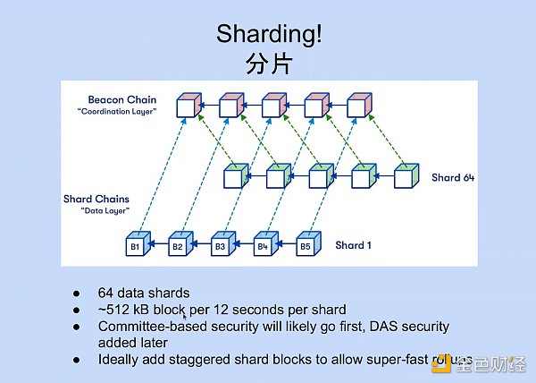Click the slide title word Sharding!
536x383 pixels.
tap(269, 35)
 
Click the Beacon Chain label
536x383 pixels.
tap(123, 98)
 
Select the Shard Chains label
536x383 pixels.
tap(96, 198)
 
